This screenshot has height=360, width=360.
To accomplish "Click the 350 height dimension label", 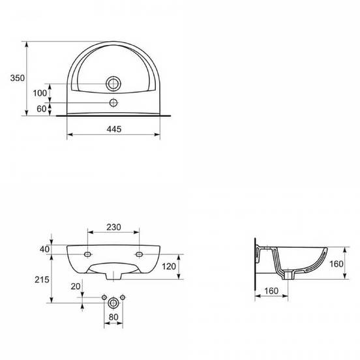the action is coord(17,78).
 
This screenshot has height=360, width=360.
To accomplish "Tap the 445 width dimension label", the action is coord(114,129).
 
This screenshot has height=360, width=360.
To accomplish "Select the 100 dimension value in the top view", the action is coord(40,93).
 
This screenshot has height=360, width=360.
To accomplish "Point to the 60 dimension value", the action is coord(42,109).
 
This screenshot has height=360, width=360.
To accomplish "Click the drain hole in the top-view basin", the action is coord(113,83).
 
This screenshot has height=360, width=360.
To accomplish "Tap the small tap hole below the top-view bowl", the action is coord(113,102).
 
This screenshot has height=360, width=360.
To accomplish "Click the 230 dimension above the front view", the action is coord(113,227).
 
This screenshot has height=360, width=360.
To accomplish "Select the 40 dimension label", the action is coord(44,249).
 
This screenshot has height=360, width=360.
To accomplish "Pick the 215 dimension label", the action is coord(42,279).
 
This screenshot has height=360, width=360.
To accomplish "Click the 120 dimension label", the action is coord(169,266).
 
